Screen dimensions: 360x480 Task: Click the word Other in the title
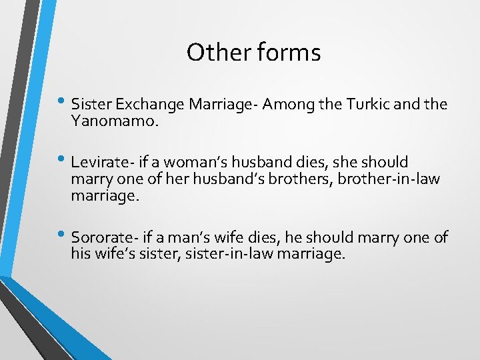coord(211,52)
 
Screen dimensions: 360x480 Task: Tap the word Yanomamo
coord(109,121)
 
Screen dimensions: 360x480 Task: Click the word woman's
coord(190,163)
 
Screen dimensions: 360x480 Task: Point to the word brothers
coord(288,180)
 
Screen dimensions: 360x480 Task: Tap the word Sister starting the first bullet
coord(91,105)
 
